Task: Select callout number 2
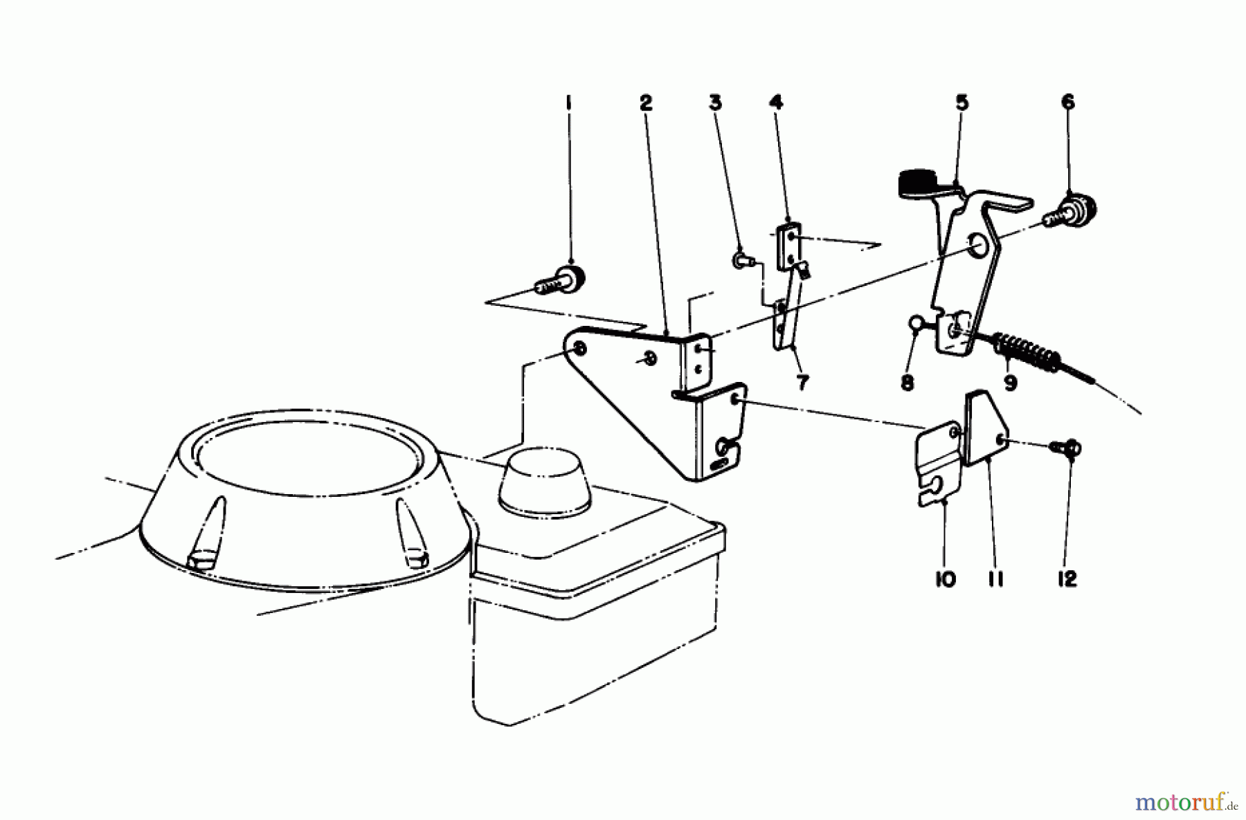click(x=645, y=103)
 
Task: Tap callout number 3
click(x=715, y=103)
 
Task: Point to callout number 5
click(x=961, y=103)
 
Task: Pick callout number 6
click(x=1067, y=102)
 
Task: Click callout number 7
click(x=802, y=383)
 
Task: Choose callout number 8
click(x=908, y=383)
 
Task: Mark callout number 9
click(x=1010, y=383)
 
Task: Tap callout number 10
click(x=945, y=578)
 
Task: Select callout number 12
click(x=1067, y=578)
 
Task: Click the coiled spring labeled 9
click(x=1024, y=349)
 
